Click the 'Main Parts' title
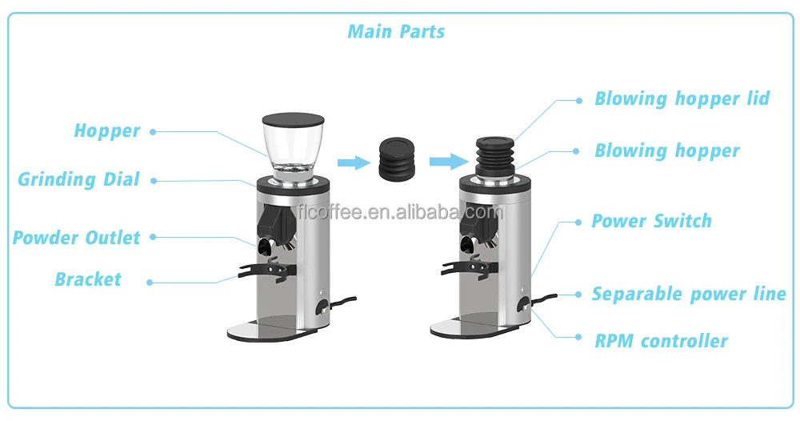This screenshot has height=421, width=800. [x=396, y=32]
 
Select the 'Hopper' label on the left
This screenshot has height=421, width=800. [x=107, y=130]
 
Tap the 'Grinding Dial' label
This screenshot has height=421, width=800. [x=78, y=179]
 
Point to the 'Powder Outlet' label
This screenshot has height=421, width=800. [x=76, y=238]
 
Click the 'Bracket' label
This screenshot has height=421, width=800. [x=88, y=279]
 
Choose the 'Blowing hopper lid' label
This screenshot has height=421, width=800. [x=682, y=98]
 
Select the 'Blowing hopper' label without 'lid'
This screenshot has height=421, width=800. [x=666, y=150]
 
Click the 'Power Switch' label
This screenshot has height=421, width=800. [x=651, y=221]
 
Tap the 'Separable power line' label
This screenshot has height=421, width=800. [x=689, y=294]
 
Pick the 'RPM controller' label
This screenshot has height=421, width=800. [x=661, y=341]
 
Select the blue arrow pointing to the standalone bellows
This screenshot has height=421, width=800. [x=350, y=162]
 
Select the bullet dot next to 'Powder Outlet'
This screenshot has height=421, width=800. [x=152, y=238]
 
